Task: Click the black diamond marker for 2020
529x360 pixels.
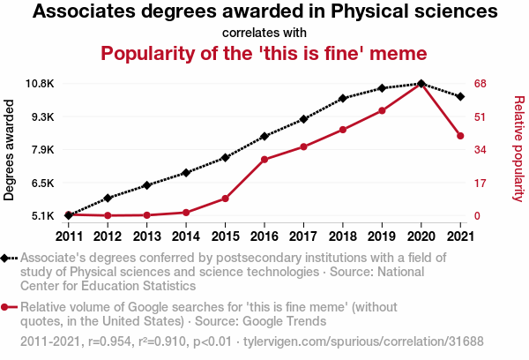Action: (421, 84)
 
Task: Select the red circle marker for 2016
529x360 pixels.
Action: (264, 160)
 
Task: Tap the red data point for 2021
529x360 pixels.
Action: (460, 136)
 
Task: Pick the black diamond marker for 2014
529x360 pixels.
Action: (186, 173)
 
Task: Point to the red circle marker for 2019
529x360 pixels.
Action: (382, 110)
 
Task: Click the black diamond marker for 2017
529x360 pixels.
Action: (303, 119)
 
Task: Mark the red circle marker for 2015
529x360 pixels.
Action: (225, 199)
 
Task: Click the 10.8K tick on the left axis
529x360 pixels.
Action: (40, 84)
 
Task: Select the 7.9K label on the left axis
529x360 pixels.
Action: (41, 150)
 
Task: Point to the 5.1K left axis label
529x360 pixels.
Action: (41, 216)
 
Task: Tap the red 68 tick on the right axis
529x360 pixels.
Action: (480, 84)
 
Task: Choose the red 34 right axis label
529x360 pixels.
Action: (480, 150)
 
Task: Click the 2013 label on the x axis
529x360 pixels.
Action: (146, 236)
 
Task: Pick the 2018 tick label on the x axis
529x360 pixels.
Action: (342, 236)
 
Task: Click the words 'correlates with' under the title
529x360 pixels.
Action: (264, 33)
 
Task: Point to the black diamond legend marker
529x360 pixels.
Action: (7, 259)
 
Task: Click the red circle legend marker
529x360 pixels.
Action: (7, 307)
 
